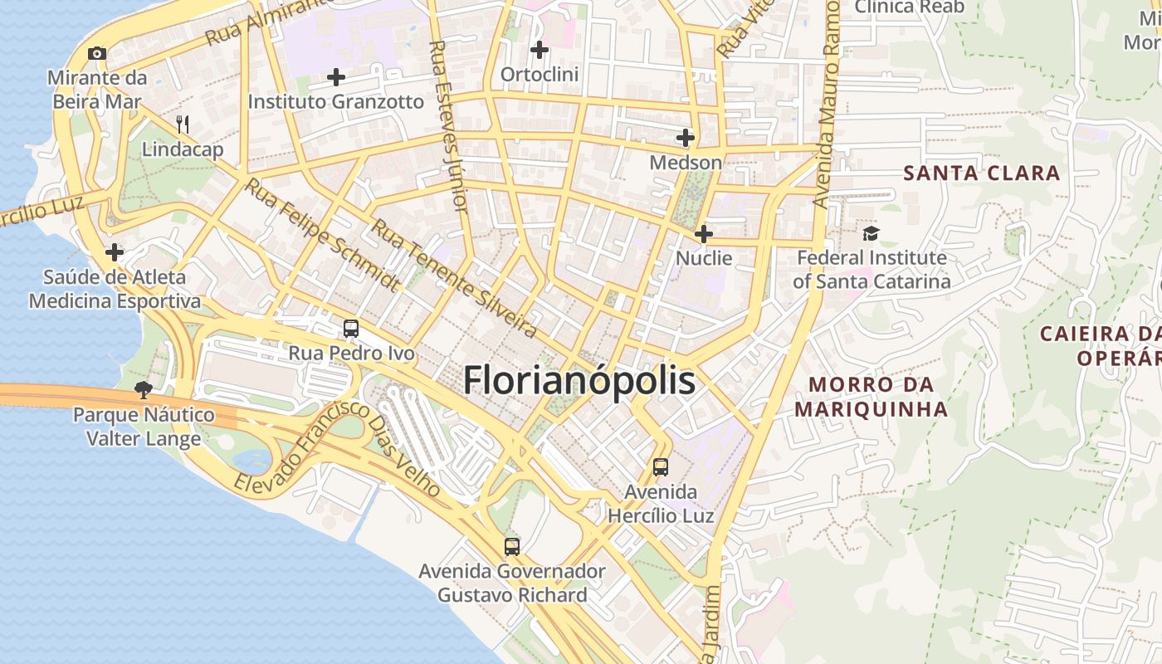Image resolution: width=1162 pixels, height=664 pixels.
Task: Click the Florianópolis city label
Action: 579,381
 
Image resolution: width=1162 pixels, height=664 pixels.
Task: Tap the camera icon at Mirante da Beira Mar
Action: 97,54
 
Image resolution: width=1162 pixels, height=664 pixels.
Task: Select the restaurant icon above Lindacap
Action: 183,125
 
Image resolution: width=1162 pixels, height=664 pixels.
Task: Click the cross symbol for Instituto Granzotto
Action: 336,77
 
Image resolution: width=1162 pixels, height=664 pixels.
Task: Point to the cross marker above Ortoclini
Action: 539,50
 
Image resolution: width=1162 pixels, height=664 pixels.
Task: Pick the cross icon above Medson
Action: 686,137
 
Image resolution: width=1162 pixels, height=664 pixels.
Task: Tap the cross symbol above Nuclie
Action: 704,234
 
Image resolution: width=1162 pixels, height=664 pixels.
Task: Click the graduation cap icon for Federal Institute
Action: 870,234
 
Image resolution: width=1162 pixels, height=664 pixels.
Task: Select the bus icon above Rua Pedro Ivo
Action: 351,329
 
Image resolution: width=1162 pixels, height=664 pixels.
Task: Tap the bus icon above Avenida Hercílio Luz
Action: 661,466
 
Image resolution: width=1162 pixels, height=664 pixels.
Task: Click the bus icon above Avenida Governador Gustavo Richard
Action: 512,547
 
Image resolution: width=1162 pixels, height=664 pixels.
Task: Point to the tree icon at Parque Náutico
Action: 144,389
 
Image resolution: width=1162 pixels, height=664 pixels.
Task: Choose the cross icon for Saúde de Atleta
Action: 115,252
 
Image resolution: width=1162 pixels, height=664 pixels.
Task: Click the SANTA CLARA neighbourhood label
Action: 982,173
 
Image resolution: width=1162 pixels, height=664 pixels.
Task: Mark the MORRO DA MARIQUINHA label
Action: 871,397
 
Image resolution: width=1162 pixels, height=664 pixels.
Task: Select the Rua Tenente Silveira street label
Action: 453,278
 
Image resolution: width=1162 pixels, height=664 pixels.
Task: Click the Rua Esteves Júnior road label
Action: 449,124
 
